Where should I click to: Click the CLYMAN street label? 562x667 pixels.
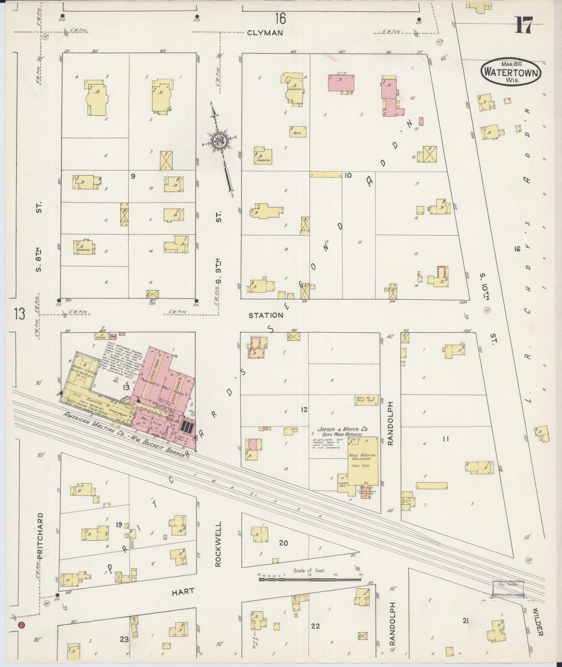pos(265,33)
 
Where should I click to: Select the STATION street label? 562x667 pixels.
pos(266,315)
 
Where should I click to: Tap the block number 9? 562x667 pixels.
pos(133,176)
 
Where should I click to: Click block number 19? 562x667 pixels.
pos(119,525)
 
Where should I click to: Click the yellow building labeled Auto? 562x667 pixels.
pos(298,132)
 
